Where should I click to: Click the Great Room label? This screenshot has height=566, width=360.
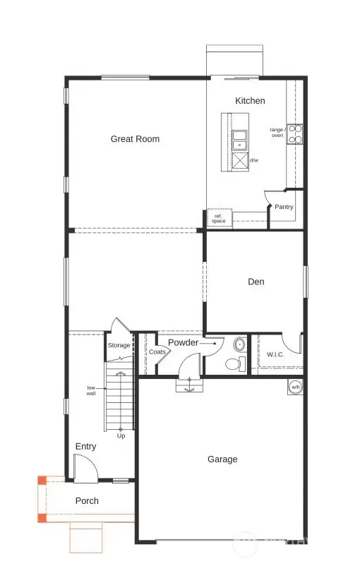(x=135, y=139)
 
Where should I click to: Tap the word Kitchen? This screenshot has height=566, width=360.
(x=250, y=101)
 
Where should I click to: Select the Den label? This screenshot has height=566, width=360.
(x=256, y=282)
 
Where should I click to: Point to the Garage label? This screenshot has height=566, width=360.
(x=222, y=459)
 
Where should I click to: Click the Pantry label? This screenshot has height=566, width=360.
(x=284, y=207)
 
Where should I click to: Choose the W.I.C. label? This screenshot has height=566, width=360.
(x=275, y=354)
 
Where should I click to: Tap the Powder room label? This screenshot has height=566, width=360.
(x=183, y=343)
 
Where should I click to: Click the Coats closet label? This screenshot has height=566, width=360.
(x=157, y=351)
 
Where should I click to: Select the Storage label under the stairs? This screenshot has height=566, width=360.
(x=119, y=346)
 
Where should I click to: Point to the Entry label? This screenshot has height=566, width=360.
(x=85, y=447)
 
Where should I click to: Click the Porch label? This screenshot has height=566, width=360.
(x=87, y=501)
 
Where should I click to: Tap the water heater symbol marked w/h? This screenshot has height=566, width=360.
(x=295, y=387)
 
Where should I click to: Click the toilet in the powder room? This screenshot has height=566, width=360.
(x=233, y=364)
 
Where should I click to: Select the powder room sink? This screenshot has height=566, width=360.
(x=239, y=345)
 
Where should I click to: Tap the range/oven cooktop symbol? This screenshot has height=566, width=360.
(x=294, y=134)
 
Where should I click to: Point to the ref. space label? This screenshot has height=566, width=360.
(x=218, y=219)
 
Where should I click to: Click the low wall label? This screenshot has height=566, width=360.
(x=91, y=390)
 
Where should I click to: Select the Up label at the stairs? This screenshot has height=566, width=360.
(x=121, y=435)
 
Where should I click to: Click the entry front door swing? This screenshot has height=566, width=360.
(x=83, y=466)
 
